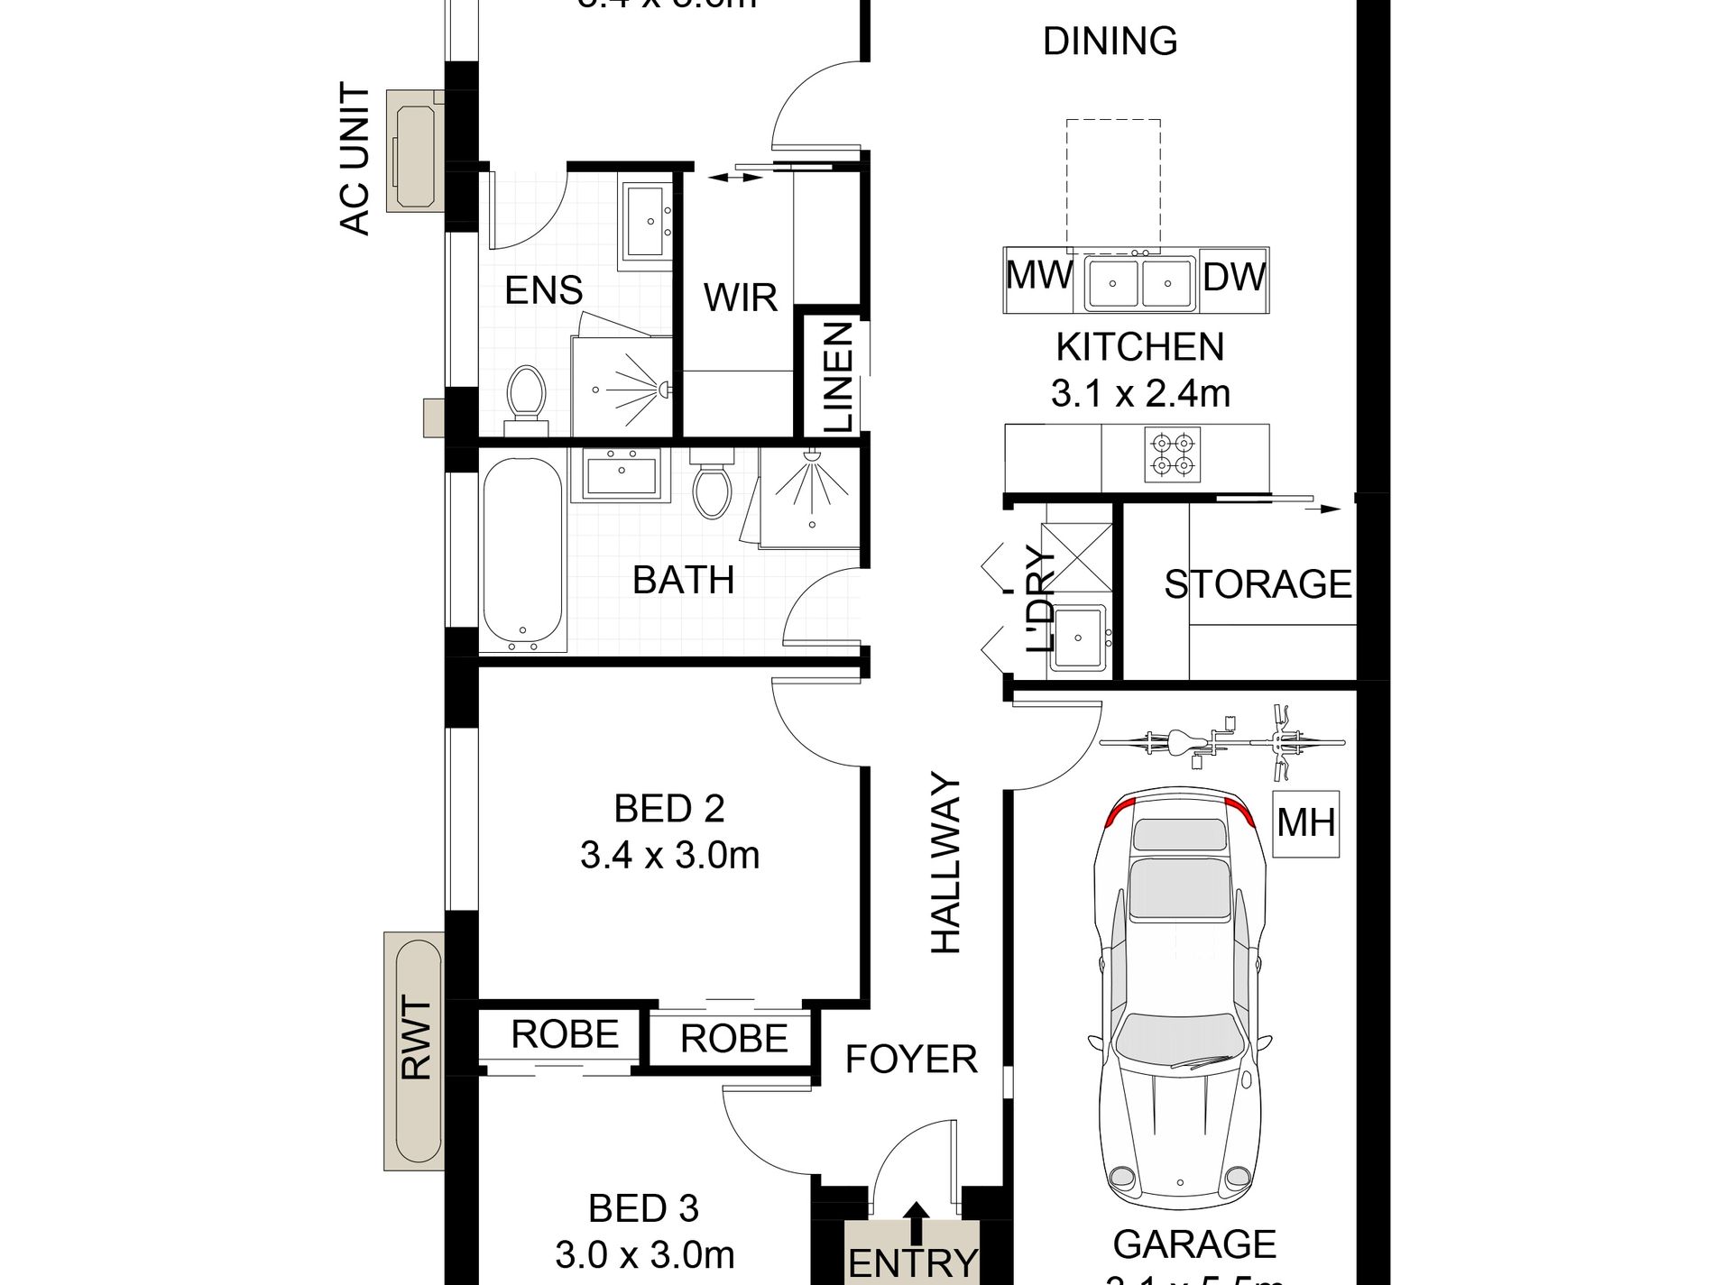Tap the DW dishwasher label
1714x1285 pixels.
1233,277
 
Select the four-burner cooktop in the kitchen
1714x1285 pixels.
1173,454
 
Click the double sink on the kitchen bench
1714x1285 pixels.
1140,283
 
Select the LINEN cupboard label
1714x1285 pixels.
838,377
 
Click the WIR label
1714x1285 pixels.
740,298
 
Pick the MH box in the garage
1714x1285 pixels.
1305,823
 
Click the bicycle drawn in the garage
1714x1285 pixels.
1221,742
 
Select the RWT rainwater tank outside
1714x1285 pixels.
414,1051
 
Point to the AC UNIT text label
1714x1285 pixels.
355,159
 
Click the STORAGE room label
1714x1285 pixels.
1258,584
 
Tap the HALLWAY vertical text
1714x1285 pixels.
946,863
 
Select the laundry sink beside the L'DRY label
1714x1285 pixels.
1078,638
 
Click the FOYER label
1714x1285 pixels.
910,1059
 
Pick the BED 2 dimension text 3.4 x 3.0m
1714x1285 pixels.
669,855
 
